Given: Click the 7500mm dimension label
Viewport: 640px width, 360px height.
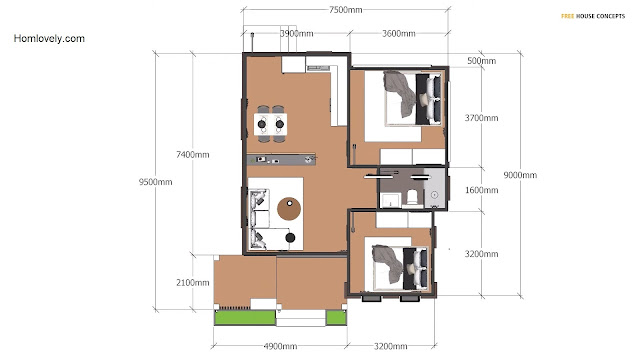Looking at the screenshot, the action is [346, 10].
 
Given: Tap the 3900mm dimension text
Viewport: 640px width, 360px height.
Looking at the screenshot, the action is [297, 33].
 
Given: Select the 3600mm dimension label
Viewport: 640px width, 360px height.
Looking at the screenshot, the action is [399, 33].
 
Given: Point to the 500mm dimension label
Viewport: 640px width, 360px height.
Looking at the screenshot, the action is [482, 61].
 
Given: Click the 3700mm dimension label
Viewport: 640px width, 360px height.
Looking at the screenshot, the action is [482, 118].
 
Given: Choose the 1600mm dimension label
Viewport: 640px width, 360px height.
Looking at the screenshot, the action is [482, 190].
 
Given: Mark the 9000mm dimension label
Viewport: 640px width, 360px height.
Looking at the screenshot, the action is [520, 175].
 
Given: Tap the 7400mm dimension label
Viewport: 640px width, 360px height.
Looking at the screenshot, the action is [193, 155].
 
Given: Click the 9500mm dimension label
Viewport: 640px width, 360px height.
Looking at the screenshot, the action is [156, 182].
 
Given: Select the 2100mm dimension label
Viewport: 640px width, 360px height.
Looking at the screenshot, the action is [193, 282].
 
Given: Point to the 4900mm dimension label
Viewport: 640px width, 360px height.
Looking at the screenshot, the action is [280, 346].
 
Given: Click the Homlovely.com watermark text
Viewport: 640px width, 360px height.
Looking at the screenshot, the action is [49, 39].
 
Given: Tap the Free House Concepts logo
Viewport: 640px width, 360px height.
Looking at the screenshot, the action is [593, 16].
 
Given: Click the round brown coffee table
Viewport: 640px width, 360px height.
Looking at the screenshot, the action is [289, 209].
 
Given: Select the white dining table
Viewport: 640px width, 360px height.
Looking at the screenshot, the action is [270, 124].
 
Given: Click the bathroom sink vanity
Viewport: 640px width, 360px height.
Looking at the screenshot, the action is [391, 201].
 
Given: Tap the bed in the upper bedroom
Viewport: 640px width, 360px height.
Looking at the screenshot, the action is [413, 98].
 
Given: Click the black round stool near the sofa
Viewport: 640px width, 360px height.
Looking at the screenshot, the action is [290, 238].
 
